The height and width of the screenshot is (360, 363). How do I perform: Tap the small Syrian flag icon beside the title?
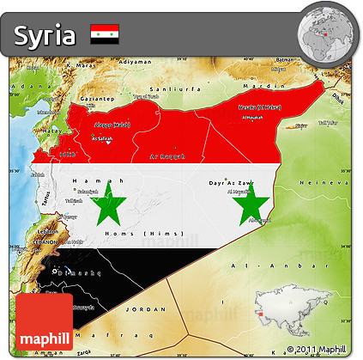pos(104,34)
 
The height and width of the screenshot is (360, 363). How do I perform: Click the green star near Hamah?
pos(109,205)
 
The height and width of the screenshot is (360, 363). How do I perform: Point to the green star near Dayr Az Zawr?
pos(251,205)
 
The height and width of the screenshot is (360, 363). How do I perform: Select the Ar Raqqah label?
pos(167,157)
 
